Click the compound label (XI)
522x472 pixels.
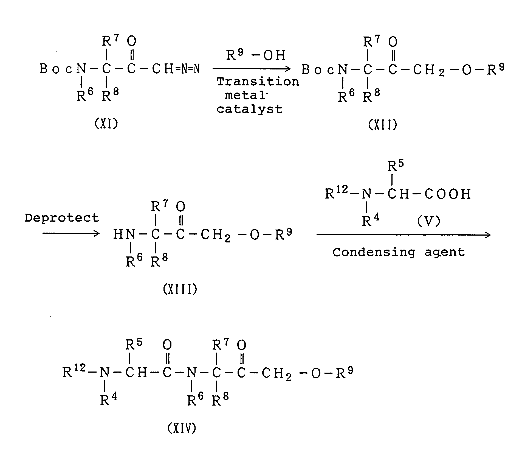pyautogui.click(x=106, y=124)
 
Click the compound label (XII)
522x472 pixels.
pyautogui.click(x=382, y=125)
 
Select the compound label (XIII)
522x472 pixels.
pyautogui.click(x=180, y=289)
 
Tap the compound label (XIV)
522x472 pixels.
pyautogui.click(x=182, y=428)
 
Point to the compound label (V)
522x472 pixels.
pyautogui.click(x=428, y=221)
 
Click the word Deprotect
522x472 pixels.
pyautogui.click(x=62, y=218)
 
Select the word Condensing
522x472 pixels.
pyautogui.click(x=374, y=252)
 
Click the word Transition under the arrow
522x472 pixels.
pyautogui.click(x=258, y=82)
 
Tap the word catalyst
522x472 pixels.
pyautogui.click(x=249, y=109)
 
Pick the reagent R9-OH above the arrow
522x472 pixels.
pyautogui.click(x=256, y=55)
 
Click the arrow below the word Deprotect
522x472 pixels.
pyautogui.click(x=71, y=234)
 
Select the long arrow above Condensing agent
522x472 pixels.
pyautogui.click(x=403, y=235)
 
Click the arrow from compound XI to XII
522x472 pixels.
pyautogui.click(x=251, y=69)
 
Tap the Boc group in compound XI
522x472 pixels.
pyautogui.click(x=56, y=69)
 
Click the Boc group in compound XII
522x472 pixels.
pyautogui.click(x=318, y=70)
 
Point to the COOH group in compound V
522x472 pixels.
pyautogui.click(x=448, y=194)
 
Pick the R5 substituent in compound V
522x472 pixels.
pyautogui.click(x=396, y=166)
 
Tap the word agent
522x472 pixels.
pyautogui.click(x=445, y=252)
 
